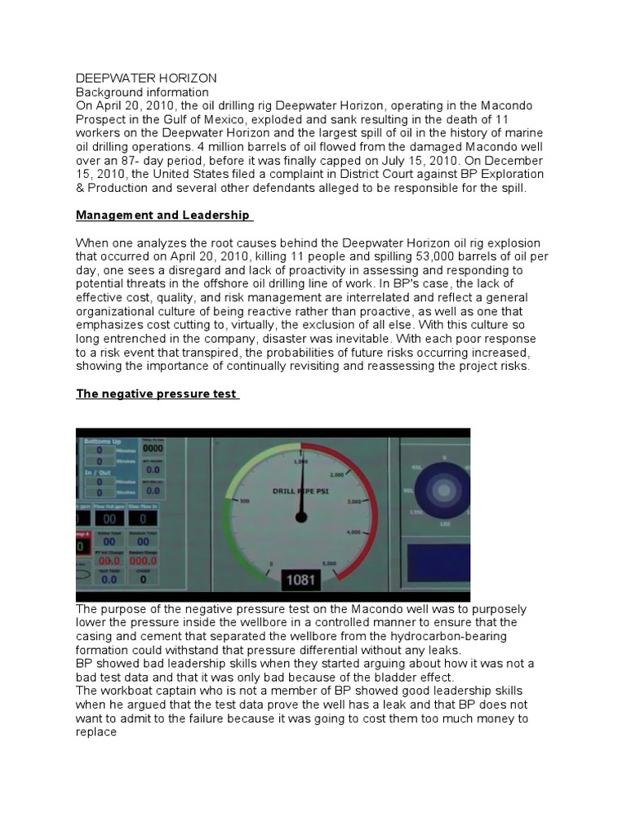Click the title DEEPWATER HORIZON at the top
coord(146,78)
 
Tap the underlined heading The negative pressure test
coord(156,394)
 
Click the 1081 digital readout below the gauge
coord(303,580)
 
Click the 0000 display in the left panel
coord(152,448)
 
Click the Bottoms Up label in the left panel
coord(102,441)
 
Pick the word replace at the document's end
coord(96,732)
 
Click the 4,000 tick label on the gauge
coord(353,532)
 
